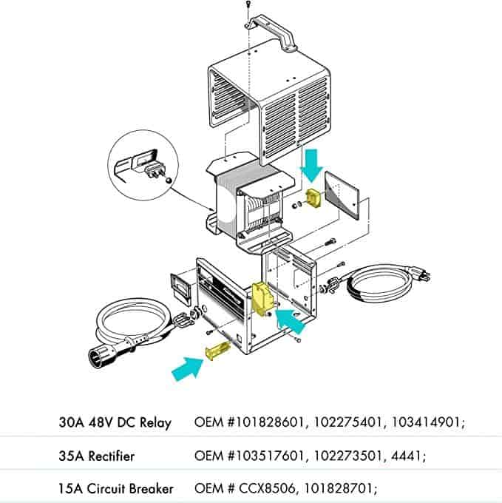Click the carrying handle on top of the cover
point(273,32)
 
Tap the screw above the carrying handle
point(248,5)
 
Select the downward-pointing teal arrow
point(311,166)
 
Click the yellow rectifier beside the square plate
point(313,198)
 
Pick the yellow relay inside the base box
point(262,299)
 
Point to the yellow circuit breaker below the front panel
point(217,351)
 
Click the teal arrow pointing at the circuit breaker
point(189,368)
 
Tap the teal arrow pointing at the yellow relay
point(289,320)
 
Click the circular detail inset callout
point(143,165)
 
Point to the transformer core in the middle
point(250,206)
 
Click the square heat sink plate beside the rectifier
point(342,195)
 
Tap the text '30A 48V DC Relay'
point(115,422)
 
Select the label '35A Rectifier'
point(97,456)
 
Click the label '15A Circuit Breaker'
point(116,488)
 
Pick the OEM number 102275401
point(347,422)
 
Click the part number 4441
point(405,456)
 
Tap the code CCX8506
point(266,488)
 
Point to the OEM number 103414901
point(426,422)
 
